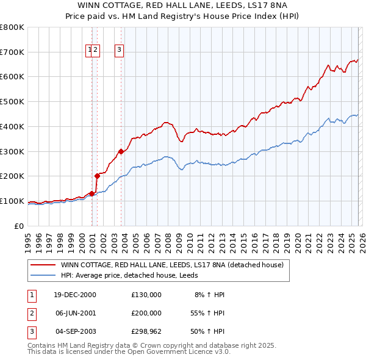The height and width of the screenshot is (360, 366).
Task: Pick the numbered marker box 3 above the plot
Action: point(119,51)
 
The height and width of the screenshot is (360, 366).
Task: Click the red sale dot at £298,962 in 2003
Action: point(121,151)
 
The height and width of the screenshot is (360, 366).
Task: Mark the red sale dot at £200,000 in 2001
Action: point(97,176)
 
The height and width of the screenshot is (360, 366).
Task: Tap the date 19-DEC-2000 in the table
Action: point(75,295)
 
